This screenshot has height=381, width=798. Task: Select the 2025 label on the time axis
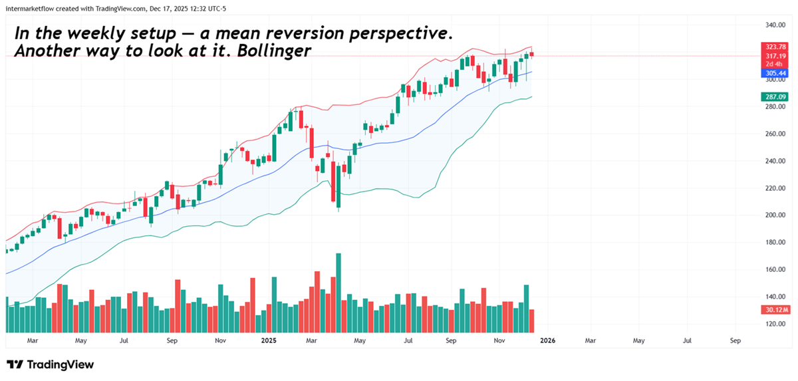[x=269, y=340]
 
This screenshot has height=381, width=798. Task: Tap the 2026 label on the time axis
[x=547, y=340]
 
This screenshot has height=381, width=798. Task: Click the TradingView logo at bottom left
[x=50, y=364]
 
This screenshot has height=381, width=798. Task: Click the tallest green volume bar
[x=338, y=293]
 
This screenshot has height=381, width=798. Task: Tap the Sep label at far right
[x=735, y=340]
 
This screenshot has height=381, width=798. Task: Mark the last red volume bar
[x=531, y=320]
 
